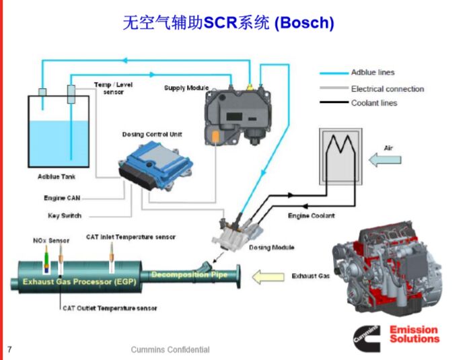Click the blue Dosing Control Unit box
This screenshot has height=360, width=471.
(155, 166)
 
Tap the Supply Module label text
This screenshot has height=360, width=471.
(186, 88)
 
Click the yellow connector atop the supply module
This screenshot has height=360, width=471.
(250, 87)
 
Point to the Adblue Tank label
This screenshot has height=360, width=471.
(57, 177)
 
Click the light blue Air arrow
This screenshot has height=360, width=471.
(385, 159)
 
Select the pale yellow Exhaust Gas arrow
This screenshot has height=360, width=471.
(268, 277)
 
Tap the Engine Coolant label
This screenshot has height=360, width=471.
(311, 216)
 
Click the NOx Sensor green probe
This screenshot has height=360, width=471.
(46, 259)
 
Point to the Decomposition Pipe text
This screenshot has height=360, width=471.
(190, 275)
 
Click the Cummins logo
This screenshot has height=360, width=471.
(367, 338)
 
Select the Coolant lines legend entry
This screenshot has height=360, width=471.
(359, 103)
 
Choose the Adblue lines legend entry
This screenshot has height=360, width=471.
(357, 73)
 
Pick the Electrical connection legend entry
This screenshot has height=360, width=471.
(372, 89)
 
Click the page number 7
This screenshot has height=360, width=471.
(9, 349)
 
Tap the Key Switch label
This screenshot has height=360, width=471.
(65, 216)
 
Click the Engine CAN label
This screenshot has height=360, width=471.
(62, 198)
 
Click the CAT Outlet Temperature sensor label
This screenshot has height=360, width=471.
(110, 308)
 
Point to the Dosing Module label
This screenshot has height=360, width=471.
(272, 248)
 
